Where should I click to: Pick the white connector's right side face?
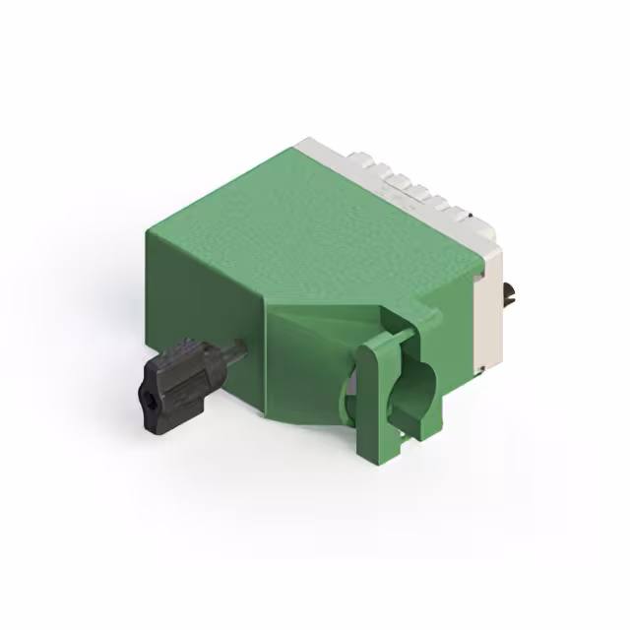coord(489,315)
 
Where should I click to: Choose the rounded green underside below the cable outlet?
coord(305,409)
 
